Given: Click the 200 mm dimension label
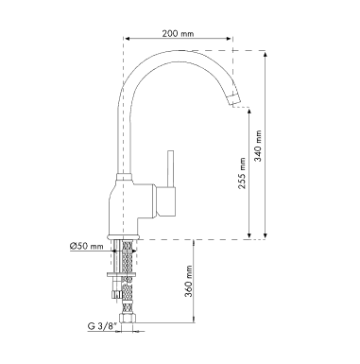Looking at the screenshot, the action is click(178, 33).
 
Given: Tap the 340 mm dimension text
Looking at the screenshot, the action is click(258, 146).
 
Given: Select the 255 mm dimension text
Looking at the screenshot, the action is click(242, 173).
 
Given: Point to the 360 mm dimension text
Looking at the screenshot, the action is click(189, 282).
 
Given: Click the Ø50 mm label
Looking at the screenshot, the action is click(86, 246).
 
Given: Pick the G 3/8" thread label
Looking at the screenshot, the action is click(100, 326).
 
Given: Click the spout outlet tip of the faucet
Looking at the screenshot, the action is click(235, 98).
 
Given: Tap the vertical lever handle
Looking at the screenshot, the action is click(171, 168).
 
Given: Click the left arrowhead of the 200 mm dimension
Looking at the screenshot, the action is click(128, 39).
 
